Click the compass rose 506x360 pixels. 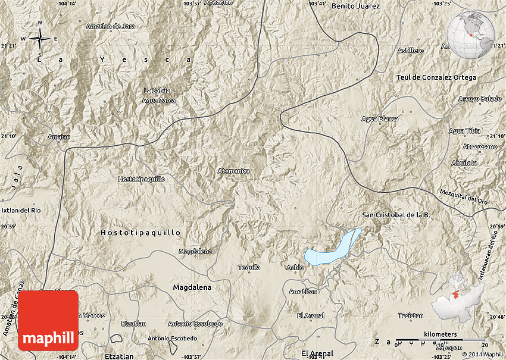tap(40, 39)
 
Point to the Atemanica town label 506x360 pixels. tap(233, 171)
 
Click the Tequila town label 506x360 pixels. tap(249, 267)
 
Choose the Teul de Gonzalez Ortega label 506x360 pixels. tap(436, 77)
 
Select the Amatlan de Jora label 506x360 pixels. tap(111, 26)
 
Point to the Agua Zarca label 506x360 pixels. tap(159, 101)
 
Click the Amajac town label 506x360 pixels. tap(58, 137)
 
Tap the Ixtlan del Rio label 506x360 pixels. tap(21, 210)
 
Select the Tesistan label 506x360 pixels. tap(411, 315)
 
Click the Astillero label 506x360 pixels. tap(411, 51)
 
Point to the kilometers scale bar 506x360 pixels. tap(441, 340)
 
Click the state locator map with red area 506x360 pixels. tap(458, 298)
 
